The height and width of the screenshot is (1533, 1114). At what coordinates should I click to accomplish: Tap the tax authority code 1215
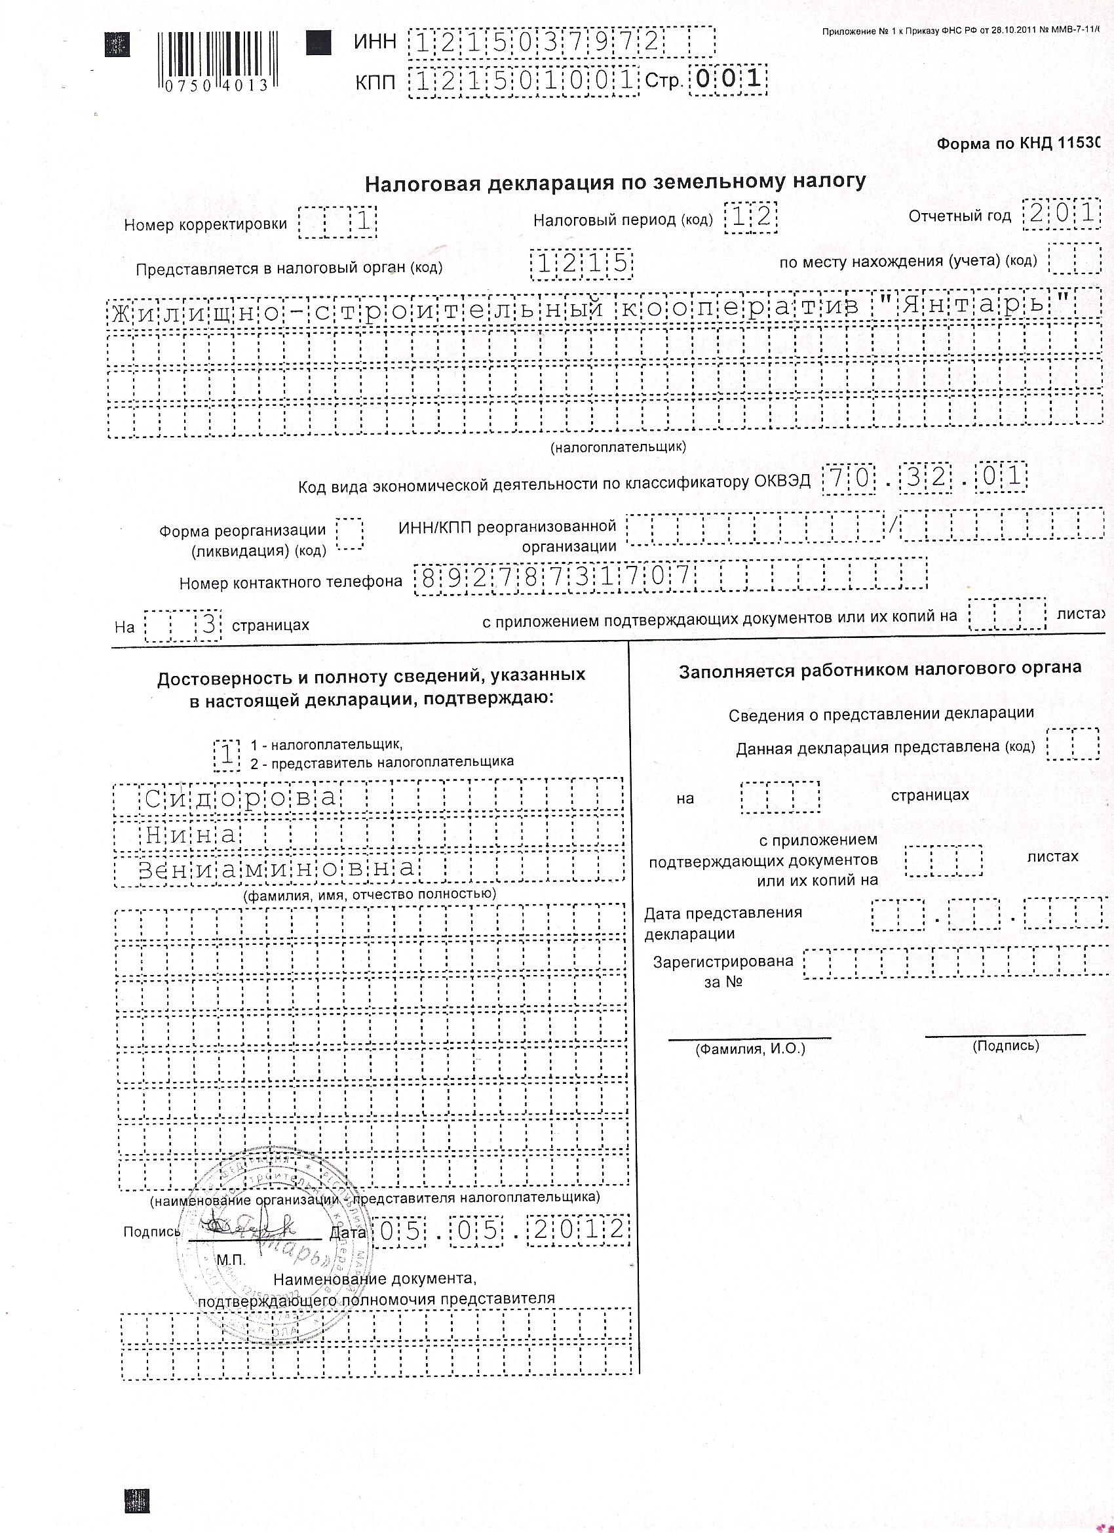point(582,265)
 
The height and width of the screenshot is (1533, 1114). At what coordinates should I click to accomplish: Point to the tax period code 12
point(751,218)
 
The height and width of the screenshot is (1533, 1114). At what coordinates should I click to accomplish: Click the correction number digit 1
point(364,222)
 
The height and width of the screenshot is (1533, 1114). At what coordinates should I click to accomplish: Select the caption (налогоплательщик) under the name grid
point(618,447)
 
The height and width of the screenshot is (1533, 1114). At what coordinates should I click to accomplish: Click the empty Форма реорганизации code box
point(349,534)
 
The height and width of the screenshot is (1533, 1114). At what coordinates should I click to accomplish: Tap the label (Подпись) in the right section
point(1005,1046)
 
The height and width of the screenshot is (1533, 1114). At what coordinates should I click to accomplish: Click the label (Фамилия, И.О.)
point(750,1050)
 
